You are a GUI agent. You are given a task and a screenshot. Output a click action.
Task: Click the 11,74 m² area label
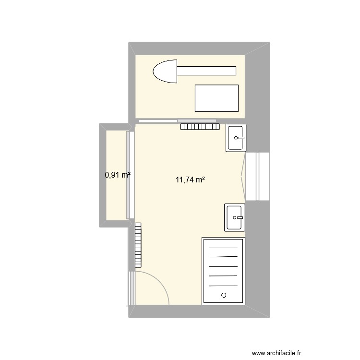(x=191, y=180)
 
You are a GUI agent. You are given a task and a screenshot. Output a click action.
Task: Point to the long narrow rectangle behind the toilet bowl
(x=206, y=71)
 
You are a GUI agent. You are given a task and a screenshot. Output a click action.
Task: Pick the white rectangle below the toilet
(x=216, y=98)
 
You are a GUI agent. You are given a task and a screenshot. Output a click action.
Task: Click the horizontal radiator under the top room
(x=200, y=127)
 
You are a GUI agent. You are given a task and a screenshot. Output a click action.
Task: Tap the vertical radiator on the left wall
(x=139, y=244)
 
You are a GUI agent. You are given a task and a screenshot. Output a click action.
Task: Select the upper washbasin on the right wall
(x=236, y=138)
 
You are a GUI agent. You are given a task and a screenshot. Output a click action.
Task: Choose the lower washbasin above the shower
(x=235, y=217)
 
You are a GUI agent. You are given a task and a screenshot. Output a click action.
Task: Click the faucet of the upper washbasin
(x=240, y=138)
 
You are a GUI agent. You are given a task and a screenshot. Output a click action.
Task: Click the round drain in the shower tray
(x=223, y=295)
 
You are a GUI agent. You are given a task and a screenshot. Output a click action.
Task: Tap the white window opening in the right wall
(x=258, y=176)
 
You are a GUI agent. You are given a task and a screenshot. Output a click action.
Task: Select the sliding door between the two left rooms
(x=128, y=175)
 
